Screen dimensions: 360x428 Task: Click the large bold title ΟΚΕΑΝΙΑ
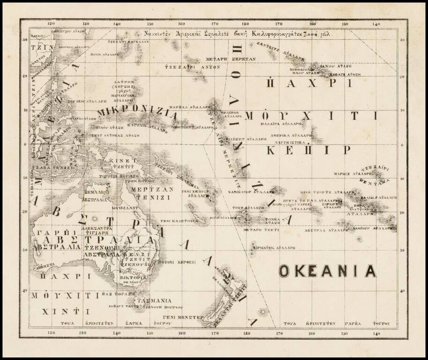(327, 271)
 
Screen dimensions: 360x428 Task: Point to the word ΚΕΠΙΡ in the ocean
(308, 150)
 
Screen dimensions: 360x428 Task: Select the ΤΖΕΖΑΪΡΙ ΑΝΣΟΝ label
(192, 67)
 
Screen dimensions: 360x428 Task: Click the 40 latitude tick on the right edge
(402, 291)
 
